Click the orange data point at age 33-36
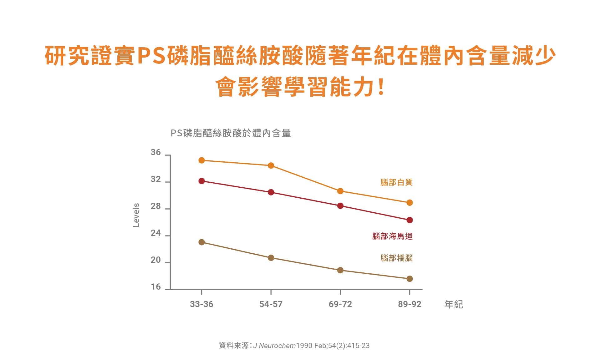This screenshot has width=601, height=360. pos(201,160)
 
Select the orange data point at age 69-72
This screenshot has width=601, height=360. pos(340,191)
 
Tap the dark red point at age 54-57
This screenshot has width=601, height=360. pos(271,192)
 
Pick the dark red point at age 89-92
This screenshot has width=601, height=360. pos(410,220)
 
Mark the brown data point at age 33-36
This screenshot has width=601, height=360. pos(201,242)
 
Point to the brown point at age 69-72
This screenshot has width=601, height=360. pos(340,270)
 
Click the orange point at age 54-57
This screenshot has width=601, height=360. pos(271,165)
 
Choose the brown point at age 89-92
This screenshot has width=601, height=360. pos(410,279)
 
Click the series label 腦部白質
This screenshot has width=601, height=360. pos(396,182)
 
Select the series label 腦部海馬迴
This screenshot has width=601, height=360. pos(392,236)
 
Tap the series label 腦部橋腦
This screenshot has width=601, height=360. pos(396,258)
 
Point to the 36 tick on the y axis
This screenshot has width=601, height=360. pos(155,153)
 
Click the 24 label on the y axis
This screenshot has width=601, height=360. pos(155,233)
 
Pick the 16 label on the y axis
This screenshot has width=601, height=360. pos(155,287)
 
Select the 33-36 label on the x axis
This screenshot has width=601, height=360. pos(201,304)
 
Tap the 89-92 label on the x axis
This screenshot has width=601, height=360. pos(410,304)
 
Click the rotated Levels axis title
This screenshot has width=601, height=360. pos(136,215)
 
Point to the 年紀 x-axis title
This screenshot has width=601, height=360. pos(454,304)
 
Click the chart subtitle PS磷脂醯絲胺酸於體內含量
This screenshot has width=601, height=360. pos(231,133)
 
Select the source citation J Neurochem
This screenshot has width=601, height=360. pos(274,346)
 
